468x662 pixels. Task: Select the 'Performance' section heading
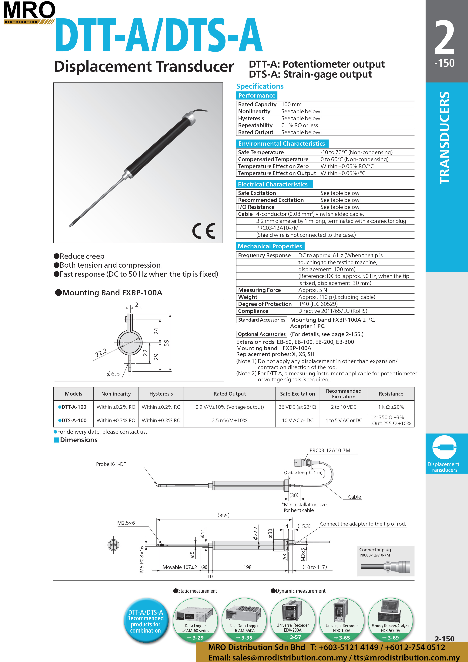pos(257,95)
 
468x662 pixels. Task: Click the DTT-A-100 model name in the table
pos(74,407)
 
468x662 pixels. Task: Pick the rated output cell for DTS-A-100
pos(229,420)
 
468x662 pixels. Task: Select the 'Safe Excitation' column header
pos(297,394)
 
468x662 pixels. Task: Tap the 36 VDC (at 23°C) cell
pos(297,407)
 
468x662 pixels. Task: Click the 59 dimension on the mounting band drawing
pos(166,343)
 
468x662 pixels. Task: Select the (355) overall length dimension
pos(223,515)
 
